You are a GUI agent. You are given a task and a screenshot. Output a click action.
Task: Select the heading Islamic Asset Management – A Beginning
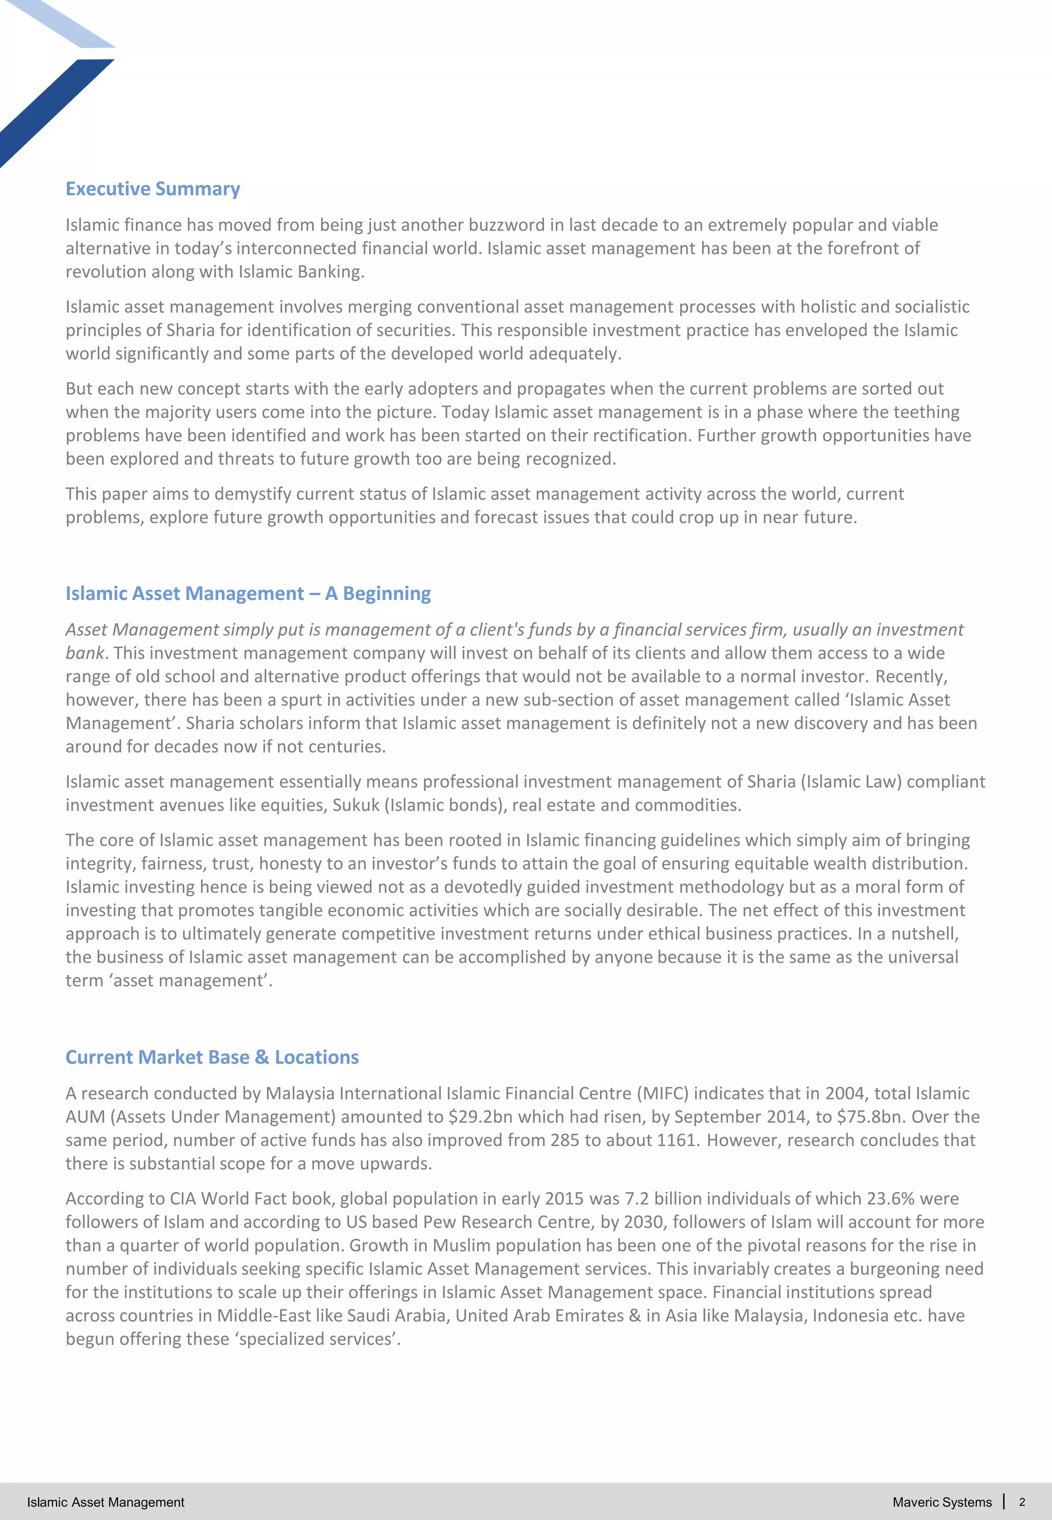(248, 594)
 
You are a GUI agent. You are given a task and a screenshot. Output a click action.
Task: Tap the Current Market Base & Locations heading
(212, 1057)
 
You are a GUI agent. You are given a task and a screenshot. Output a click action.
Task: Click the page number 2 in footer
(1022, 1502)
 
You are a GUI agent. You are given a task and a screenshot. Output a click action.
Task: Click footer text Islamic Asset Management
(105, 1502)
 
